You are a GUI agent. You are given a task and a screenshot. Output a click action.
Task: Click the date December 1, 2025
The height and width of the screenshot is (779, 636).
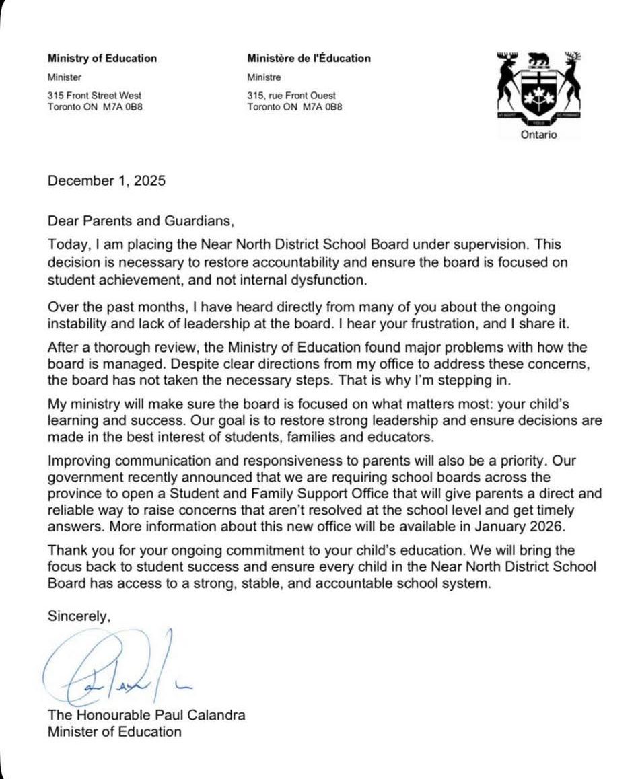(x=106, y=181)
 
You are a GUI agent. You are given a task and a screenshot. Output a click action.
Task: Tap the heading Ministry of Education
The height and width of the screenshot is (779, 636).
(x=102, y=58)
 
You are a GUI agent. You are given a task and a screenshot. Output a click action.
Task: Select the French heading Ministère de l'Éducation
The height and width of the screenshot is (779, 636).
(x=309, y=58)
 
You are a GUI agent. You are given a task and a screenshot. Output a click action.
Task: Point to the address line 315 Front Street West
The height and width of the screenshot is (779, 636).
(x=95, y=96)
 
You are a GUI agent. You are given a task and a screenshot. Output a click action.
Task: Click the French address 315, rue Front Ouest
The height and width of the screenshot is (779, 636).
(x=291, y=96)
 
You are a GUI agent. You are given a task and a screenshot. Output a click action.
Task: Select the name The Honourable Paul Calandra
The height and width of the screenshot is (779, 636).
(x=146, y=714)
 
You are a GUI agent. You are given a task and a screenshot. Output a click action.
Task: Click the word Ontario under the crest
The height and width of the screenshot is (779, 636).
(x=539, y=135)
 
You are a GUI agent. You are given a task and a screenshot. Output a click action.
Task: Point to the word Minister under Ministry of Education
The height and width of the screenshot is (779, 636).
(x=65, y=77)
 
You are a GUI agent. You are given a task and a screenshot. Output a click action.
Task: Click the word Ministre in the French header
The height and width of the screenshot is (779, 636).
(x=264, y=77)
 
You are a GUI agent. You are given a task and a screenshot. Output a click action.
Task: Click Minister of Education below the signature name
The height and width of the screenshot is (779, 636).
(x=114, y=731)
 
